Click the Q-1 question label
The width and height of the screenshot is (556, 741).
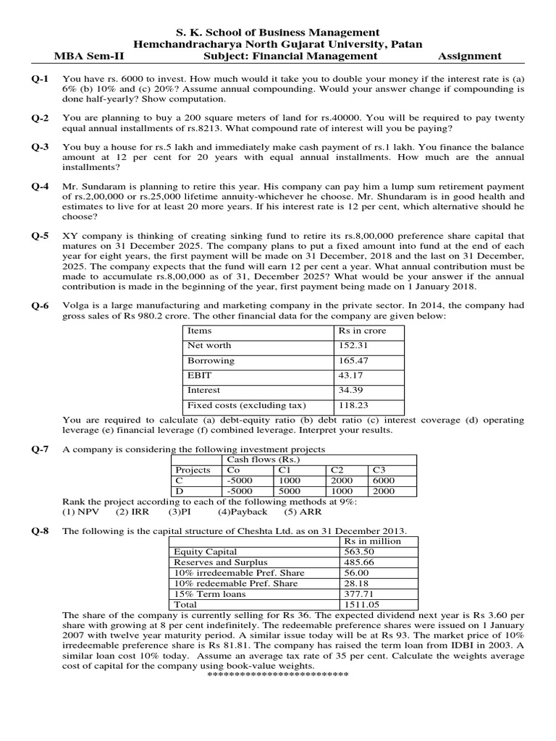pos(40,77)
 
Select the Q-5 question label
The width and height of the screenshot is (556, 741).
pos(40,236)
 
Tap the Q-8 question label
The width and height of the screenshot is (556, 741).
pos(40,530)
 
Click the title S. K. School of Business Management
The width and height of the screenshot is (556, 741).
pos(278,32)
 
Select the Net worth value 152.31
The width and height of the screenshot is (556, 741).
pos(354,345)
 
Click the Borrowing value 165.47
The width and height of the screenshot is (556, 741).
pos(354,360)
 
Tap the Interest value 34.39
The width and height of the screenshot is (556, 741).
pos(351,390)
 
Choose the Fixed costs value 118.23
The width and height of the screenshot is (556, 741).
pos(354,405)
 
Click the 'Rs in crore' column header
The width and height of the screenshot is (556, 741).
pos(362,330)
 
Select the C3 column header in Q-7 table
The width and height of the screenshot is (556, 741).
pos(379,470)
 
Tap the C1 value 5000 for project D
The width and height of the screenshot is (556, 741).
pos(289,490)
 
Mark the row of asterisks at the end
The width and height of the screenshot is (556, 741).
pos(278,674)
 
